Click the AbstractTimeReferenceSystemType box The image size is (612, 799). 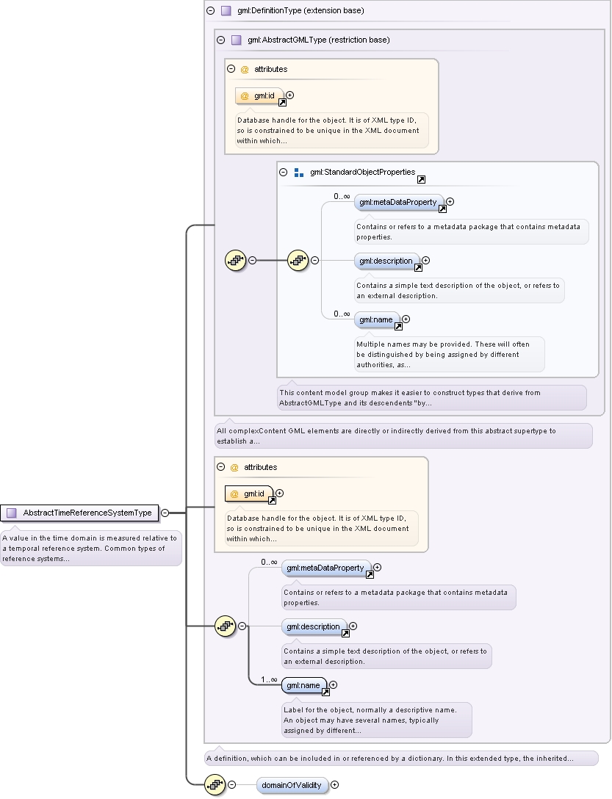[79, 513]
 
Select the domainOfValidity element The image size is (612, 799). [292, 785]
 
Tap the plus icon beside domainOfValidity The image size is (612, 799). [334, 785]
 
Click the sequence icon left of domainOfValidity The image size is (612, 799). [215, 785]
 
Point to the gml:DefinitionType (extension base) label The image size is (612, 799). [300, 11]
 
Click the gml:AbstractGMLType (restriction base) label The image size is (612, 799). [318, 40]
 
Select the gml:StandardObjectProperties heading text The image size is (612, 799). [363, 173]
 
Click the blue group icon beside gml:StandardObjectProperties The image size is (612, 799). [299, 173]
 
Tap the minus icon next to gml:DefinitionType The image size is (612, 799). [211, 10]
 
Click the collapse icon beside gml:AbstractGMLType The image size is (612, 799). [221, 40]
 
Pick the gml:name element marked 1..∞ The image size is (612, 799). [304, 686]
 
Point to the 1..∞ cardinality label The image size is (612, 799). [270, 680]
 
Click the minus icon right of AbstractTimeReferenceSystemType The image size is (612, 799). [165, 513]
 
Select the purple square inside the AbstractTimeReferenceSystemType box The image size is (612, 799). [11, 513]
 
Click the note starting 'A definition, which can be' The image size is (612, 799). [401, 758]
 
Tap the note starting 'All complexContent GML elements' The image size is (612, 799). [403, 435]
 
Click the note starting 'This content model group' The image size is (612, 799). [432, 397]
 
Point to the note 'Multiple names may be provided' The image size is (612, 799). [450, 354]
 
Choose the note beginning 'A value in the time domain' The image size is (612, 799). [91, 549]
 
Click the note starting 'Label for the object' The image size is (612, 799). [377, 720]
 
